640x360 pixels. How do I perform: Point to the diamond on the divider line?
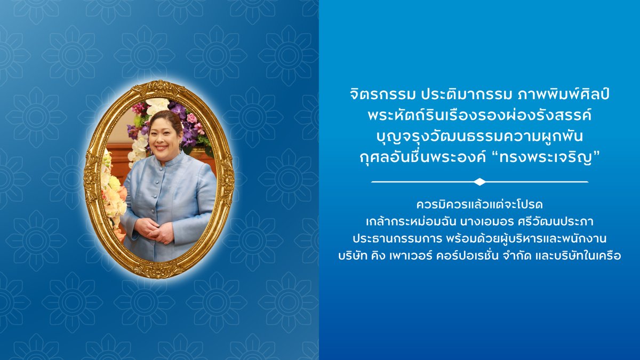click(479, 182)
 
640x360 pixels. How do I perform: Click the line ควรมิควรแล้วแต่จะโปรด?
click(479, 205)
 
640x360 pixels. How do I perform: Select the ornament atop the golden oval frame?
click(158, 86)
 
